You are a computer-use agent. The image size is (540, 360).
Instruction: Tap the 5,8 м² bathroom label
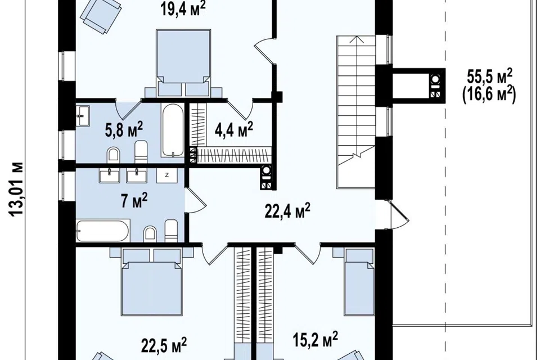(x=124, y=129)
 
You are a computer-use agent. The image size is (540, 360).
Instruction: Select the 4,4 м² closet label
(x=234, y=129)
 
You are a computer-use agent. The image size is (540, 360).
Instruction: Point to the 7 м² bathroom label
(x=134, y=200)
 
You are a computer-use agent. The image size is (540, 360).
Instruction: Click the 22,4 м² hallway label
(x=287, y=210)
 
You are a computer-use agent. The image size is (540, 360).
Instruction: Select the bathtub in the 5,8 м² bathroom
(x=173, y=130)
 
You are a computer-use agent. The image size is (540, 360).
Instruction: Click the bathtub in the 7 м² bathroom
(x=102, y=231)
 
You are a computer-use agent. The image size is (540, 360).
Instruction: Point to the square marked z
(x=167, y=175)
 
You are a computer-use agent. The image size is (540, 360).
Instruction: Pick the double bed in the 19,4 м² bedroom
(x=183, y=62)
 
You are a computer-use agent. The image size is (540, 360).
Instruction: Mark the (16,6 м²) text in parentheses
(x=489, y=94)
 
